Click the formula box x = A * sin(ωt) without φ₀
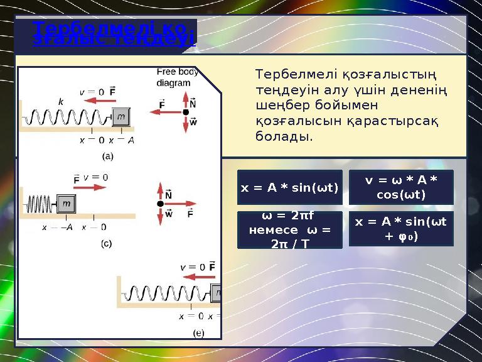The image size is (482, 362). point(289,187)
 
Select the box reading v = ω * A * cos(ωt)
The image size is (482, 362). point(400,187)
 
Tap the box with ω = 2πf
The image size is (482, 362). point(289,229)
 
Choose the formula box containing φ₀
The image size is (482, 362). point(400,229)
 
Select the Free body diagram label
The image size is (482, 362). point(177,77)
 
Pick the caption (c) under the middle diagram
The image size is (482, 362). point(106,243)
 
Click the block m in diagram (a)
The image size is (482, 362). point(121,116)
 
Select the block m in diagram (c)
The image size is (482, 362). point(67,204)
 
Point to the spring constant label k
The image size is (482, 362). point(61,101)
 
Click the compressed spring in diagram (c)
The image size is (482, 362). point(41,204)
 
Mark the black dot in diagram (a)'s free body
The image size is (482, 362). point(185,112)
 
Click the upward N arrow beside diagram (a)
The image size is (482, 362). point(185,101)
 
